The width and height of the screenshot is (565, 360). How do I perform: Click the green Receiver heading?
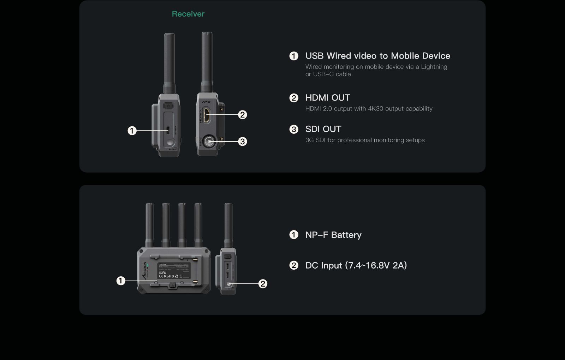pos(188,14)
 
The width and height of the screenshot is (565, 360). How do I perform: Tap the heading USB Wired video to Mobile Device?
pos(377,56)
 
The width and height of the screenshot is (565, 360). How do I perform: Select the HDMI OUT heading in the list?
pos(327,98)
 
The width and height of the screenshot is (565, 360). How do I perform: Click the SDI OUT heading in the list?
pos(323,129)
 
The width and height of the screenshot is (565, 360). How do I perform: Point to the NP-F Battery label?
pos(333,235)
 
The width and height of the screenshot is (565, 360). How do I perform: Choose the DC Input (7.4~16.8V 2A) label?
pos(356,265)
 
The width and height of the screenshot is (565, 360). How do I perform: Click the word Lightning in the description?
pos(434,67)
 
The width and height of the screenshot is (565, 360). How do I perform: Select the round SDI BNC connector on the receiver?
pos(209,142)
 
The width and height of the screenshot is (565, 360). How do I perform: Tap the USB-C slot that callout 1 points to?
pos(168,131)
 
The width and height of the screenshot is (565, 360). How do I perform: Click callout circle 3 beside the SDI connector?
pos(242,142)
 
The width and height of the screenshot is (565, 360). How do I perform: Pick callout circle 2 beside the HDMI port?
pos(242,115)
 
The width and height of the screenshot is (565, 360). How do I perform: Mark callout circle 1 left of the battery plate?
pos(121,281)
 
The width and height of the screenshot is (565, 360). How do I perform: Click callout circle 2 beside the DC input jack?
pos(262,283)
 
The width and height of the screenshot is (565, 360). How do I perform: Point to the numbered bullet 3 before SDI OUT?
pos(294,129)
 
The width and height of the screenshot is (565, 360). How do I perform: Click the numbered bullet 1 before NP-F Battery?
pos(294,235)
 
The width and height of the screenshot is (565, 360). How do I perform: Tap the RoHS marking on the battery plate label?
pos(169,276)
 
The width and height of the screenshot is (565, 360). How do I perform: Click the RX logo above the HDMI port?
pos(206,102)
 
